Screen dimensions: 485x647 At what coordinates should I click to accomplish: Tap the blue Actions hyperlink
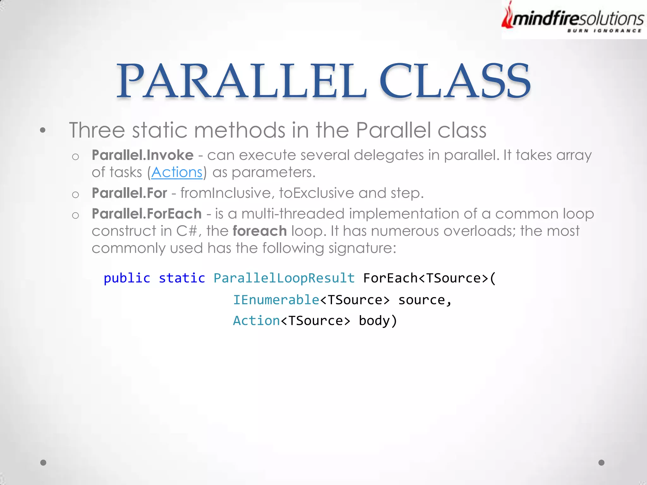tap(177, 172)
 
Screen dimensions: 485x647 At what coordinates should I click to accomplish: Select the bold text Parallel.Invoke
tap(142, 155)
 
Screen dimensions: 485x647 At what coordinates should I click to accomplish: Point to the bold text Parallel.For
tap(129, 193)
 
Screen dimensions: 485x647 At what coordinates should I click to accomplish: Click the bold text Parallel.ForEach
tap(147, 214)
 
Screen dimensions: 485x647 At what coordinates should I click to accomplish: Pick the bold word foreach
tap(260, 231)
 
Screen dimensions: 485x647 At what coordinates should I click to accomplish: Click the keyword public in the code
tap(127, 278)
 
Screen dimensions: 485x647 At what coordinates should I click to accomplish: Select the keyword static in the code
tap(182, 278)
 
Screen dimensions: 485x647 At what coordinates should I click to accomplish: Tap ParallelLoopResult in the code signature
tap(284, 278)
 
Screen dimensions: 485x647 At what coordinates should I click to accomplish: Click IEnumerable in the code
tap(276, 300)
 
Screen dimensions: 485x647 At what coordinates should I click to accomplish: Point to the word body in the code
tap(374, 321)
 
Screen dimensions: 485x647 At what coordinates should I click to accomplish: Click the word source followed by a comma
tap(422, 300)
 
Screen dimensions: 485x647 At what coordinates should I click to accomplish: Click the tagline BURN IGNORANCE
tap(604, 31)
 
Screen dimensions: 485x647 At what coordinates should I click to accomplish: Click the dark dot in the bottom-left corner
tap(43, 463)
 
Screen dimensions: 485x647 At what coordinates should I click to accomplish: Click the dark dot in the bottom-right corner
tap(602, 463)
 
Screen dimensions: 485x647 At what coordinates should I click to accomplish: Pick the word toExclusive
tap(317, 193)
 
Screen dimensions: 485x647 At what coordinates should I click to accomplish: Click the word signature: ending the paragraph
tap(362, 248)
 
